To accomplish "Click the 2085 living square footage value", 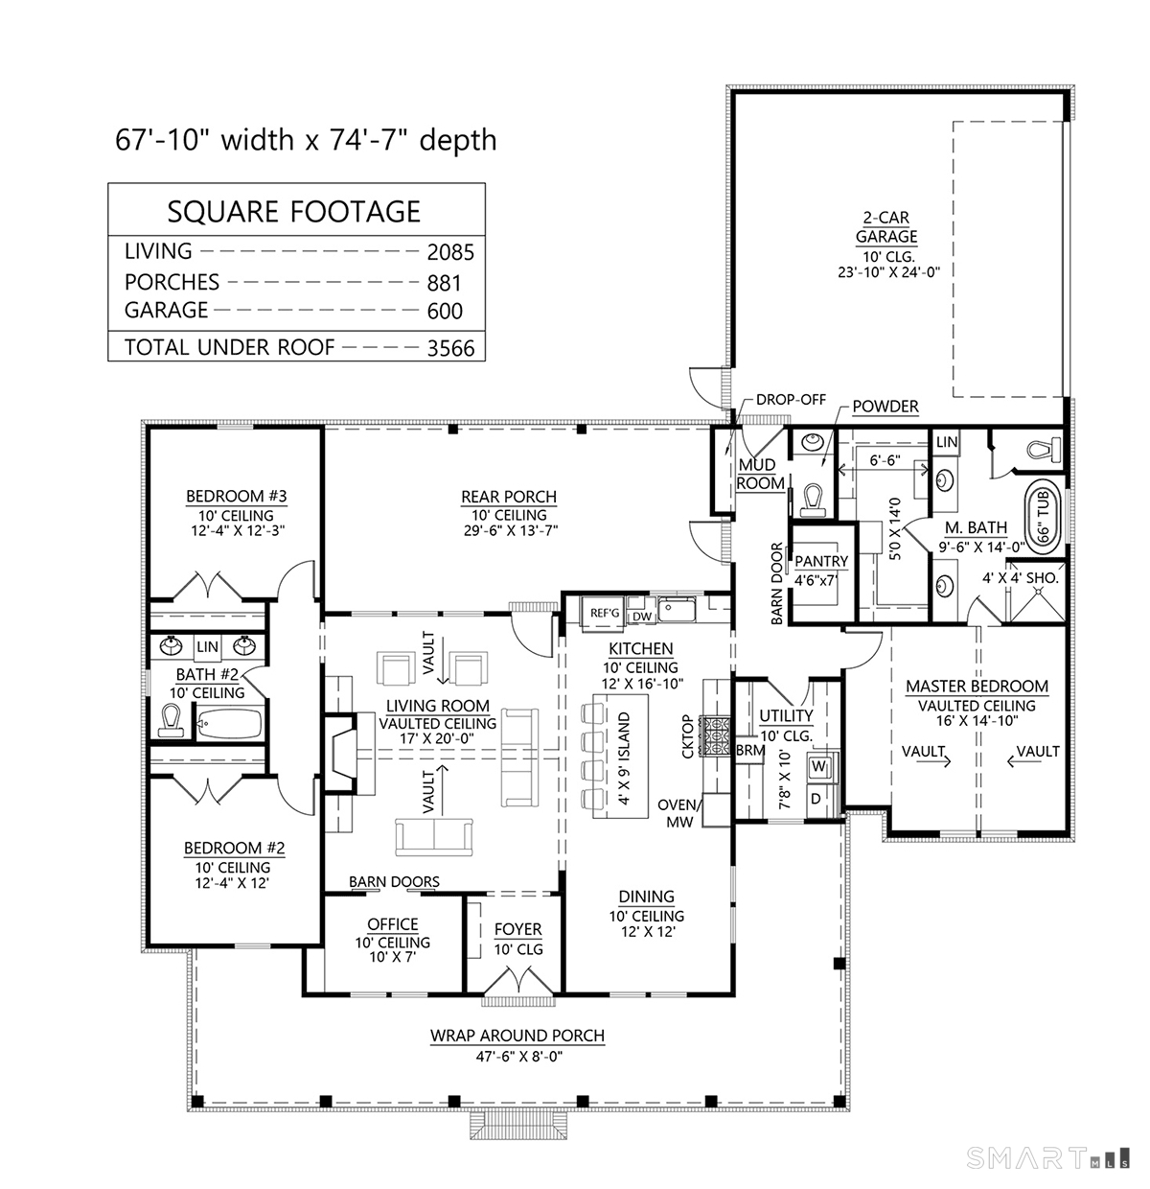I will click(x=450, y=252).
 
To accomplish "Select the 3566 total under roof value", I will click(x=450, y=348).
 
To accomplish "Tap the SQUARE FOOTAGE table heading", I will click(x=294, y=211).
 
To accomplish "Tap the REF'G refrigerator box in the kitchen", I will click(x=605, y=612).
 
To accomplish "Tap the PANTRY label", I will click(x=821, y=562).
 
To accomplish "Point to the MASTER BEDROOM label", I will click(x=977, y=687).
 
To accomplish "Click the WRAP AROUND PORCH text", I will click(x=517, y=1036).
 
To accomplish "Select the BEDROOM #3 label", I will click(x=236, y=496).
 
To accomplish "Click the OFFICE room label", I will click(x=393, y=924).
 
